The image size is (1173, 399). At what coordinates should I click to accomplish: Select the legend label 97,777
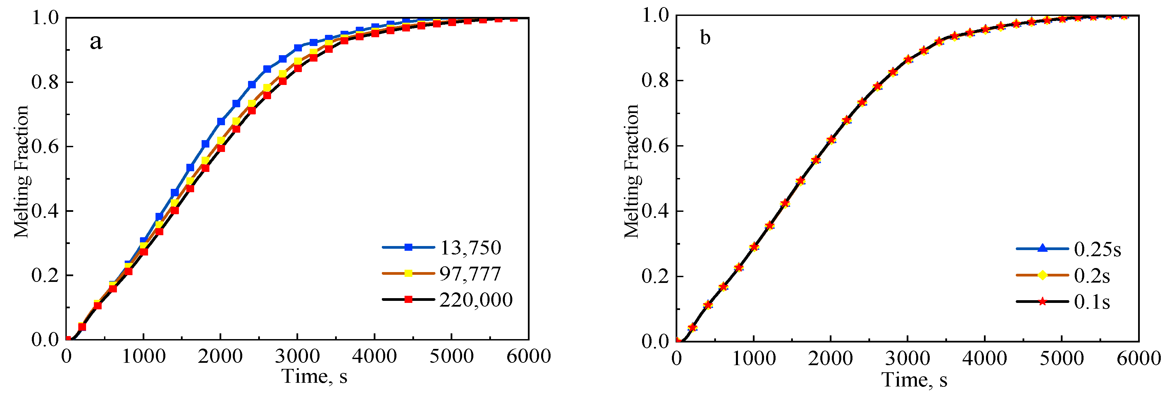(470, 274)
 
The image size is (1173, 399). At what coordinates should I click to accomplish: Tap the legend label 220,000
(476, 300)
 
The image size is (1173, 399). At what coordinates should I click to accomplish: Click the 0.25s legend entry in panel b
(1097, 249)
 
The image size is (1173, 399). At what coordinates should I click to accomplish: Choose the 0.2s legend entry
(1092, 276)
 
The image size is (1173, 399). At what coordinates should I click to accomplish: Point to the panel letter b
(705, 38)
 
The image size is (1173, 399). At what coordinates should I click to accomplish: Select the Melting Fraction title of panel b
(632, 171)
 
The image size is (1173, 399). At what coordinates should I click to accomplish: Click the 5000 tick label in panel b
(1062, 358)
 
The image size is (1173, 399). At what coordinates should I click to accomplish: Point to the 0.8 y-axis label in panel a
(45, 82)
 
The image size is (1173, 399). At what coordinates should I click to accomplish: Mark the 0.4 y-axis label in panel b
(655, 212)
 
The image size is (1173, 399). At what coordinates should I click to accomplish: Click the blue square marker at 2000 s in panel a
(221, 121)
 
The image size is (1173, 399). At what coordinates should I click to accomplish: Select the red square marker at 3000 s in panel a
(298, 68)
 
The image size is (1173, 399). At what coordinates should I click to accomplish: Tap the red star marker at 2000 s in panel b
(831, 140)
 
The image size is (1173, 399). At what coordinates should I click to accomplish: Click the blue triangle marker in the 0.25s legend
(1042, 248)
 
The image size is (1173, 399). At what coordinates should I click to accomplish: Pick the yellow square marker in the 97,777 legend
(409, 273)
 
